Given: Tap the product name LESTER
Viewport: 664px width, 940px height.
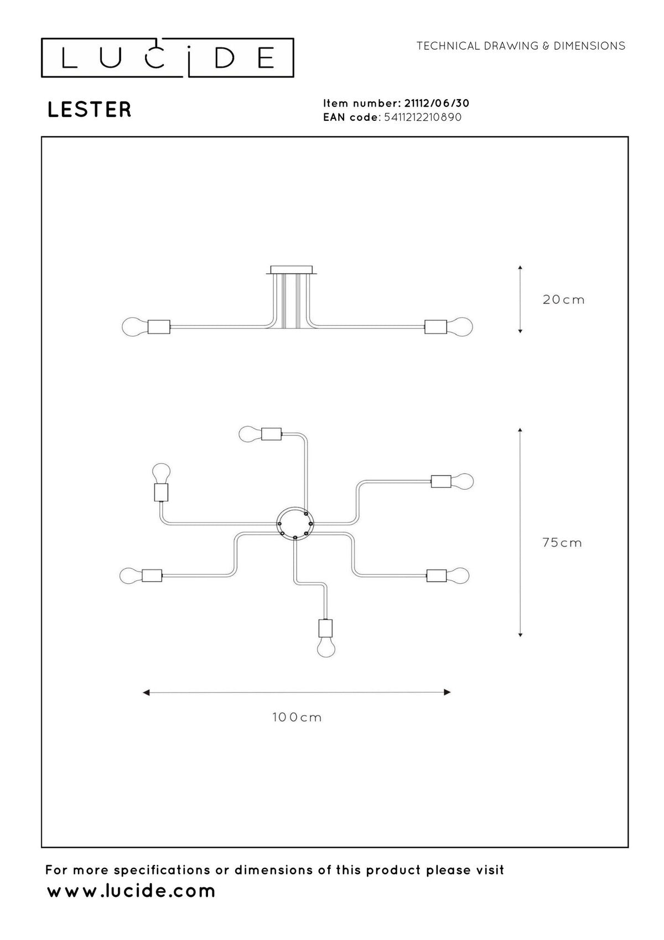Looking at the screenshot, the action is tap(90, 110).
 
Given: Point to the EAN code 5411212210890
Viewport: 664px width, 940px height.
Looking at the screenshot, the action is tap(423, 117).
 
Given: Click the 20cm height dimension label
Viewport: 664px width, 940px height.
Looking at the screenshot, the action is tap(563, 300).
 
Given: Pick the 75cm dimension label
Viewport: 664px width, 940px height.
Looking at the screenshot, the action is tap(562, 543).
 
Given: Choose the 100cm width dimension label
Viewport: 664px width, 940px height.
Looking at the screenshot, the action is tap(297, 717).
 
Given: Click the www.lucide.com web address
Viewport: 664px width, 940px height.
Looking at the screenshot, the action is tap(131, 891).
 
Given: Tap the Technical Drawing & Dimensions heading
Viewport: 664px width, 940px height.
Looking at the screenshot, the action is tap(521, 46).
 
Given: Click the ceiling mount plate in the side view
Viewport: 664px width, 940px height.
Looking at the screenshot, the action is tap(292, 269).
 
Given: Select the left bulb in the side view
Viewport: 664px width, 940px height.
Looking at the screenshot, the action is tap(134, 326).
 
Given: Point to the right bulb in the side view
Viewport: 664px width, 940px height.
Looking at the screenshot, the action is tap(460, 326).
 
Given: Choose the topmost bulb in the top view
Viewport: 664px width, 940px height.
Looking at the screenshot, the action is tap(250, 434).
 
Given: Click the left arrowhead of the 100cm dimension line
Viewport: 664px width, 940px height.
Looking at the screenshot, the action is tap(146, 692).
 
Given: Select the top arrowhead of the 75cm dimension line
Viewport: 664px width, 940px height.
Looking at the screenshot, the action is tap(520, 430).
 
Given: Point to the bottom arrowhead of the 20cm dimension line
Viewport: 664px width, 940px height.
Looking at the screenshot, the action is tap(520, 331).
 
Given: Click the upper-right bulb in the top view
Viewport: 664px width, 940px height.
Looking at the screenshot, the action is tap(463, 481).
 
